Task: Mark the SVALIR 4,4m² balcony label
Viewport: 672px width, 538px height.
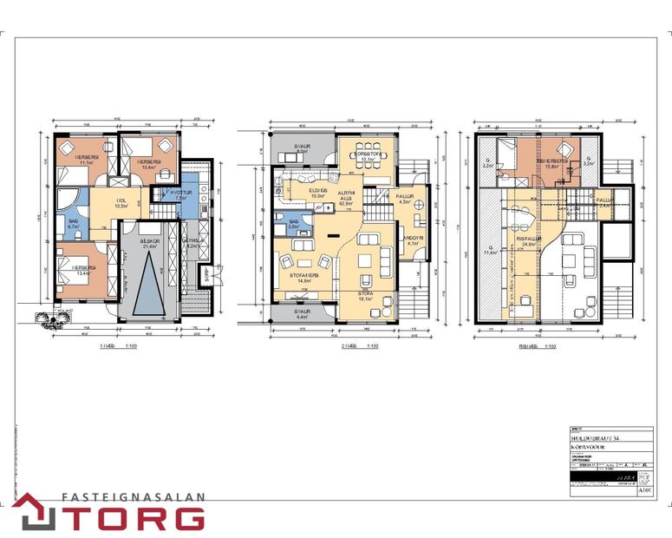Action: [302, 313]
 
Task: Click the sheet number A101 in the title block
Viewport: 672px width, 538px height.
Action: [644, 490]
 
